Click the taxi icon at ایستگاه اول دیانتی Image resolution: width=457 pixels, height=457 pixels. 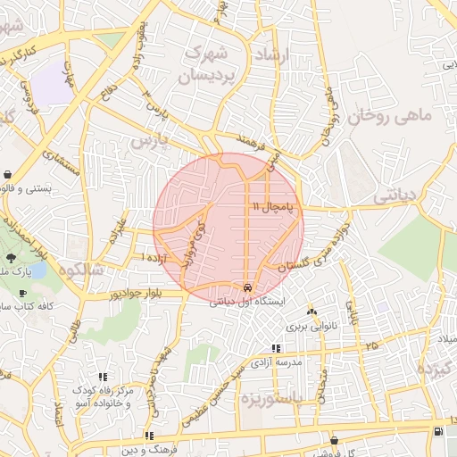pos(246,288)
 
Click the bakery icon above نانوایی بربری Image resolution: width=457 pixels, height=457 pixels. pos(312,312)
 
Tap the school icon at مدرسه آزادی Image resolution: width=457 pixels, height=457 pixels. pos(275,348)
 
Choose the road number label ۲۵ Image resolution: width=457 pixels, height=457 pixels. pos(371,345)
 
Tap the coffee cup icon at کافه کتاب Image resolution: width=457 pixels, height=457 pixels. pos(22,293)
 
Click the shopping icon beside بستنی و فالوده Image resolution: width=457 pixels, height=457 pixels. pos(8,174)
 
